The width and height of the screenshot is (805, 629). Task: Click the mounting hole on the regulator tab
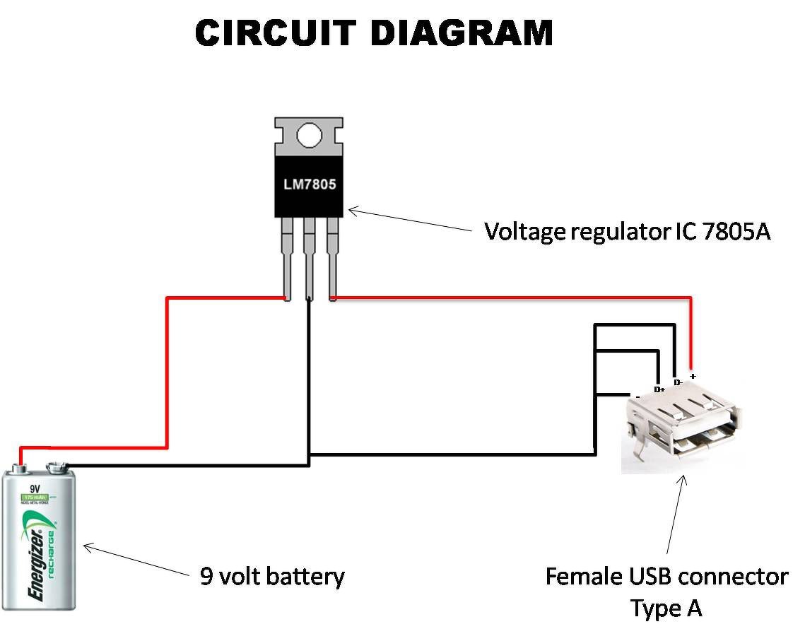(x=309, y=134)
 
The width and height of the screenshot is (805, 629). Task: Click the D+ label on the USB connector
(x=659, y=389)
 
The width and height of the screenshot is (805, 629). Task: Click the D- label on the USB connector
(x=677, y=382)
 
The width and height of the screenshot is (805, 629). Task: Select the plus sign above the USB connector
(x=693, y=376)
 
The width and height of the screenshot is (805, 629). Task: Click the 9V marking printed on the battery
(x=34, y=488)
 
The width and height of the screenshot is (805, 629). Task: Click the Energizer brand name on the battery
(x=37, y=558)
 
